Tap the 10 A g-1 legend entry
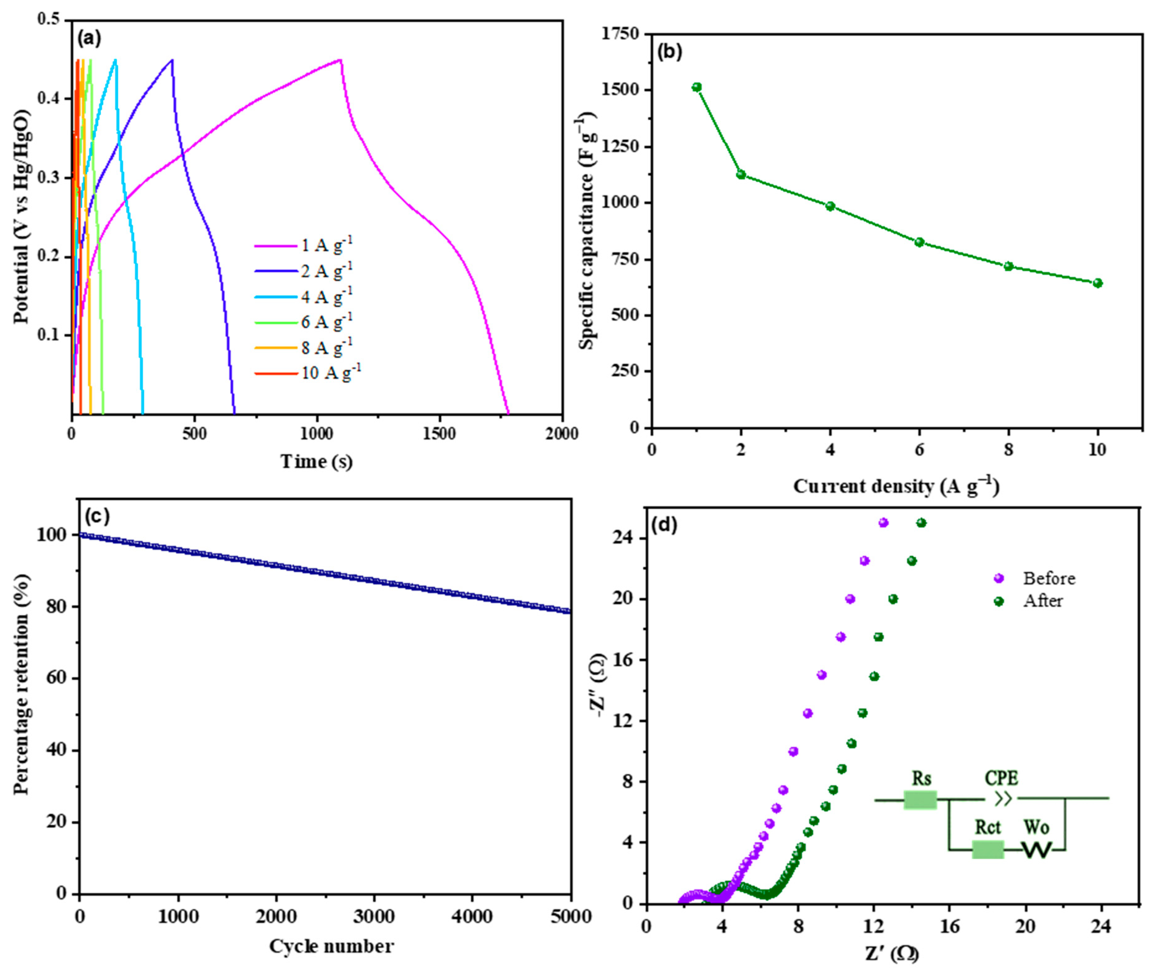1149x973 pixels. tap(331, 373)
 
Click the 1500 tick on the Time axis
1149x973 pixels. tap(440, 434)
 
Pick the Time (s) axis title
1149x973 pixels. tap(317, 461)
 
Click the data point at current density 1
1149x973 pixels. tap(697, 87)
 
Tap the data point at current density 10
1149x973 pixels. tap(1098, 283)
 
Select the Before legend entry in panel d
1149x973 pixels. tap(1048, 578)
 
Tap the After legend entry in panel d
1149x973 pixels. tap(1042, 601)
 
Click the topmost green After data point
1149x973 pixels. tap(921, 523)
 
